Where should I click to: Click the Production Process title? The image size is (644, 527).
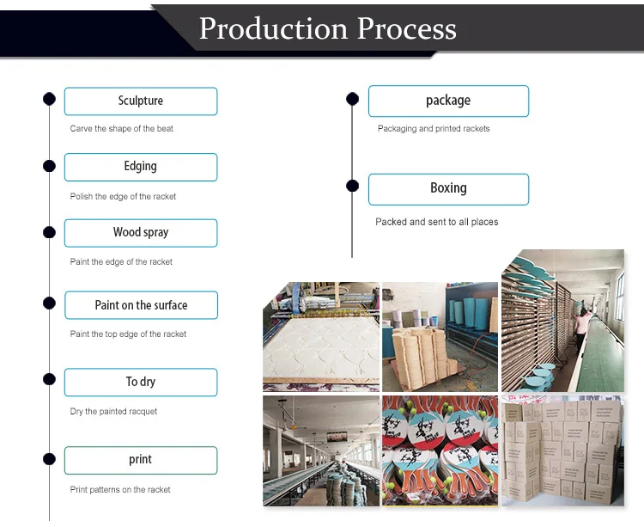[x=327, y=28]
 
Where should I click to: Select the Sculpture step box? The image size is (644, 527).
[x=141, y=101]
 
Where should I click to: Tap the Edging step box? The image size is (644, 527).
[x=141, y=167]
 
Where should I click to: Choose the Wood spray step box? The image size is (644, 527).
[x=141, y=233]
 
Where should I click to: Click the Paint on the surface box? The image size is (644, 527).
[x=141, y=305]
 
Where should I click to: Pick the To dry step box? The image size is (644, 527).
[x=141, y=383]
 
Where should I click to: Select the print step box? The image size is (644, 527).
[x=141, y=460]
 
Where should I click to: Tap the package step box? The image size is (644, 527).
[x=448, y=101]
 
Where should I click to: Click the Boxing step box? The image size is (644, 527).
[x=448, y=189]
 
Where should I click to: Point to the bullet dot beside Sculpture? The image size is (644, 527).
[x=50, y=99]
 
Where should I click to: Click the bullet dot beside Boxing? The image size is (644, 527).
[x=352, y=186]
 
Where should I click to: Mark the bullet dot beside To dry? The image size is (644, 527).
[x=50, y=379]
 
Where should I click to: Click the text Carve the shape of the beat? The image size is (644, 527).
[x=122, y=129]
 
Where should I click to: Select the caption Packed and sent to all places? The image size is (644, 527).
[x=437, y=222]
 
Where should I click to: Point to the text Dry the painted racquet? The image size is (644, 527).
[x=114, y=412]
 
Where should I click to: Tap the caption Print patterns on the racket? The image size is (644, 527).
[x=120, y=490]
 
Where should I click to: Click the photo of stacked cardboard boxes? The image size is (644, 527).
[x=562, y=450]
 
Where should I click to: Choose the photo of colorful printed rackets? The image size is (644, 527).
[x=440, y=450]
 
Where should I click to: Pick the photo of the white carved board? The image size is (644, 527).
[x=321, y=336]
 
